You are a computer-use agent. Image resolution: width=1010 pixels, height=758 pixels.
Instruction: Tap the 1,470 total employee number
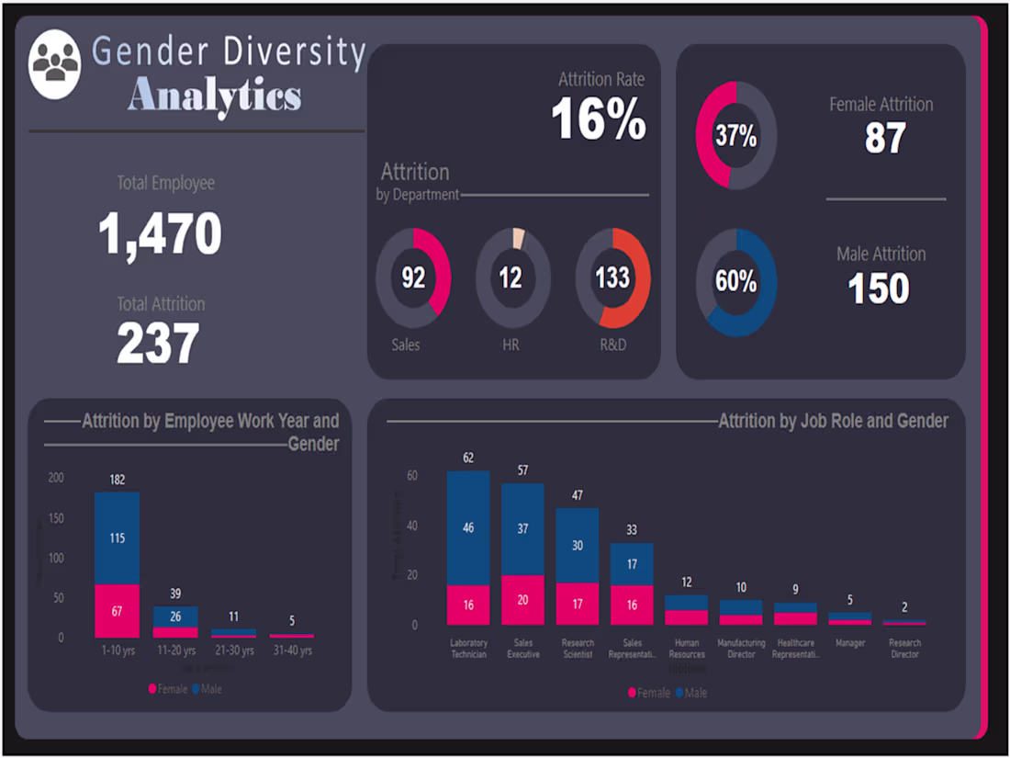coord(160,233)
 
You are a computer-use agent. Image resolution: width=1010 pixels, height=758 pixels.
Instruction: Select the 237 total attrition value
coord(158,344)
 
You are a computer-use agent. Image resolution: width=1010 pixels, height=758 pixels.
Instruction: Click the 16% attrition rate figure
coord(599,119)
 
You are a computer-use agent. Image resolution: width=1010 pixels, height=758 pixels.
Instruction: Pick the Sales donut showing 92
coord(413,277)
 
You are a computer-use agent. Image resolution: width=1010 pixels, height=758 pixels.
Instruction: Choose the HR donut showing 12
coord(512,277)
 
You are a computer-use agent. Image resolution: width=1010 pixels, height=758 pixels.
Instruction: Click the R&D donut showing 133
coord(612,277)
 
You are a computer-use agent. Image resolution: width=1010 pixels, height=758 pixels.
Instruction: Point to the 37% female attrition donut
coord(735,136)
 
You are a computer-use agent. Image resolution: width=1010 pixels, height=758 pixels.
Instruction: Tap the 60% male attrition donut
coord(735,282)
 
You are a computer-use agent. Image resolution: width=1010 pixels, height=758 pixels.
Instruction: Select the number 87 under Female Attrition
coord(885,138)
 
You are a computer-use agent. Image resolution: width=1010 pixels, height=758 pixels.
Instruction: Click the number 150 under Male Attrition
coord(879,288)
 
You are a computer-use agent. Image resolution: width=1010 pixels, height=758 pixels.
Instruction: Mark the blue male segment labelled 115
coord(118,538)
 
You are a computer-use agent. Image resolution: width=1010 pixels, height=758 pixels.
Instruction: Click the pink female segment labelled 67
coord(118,611)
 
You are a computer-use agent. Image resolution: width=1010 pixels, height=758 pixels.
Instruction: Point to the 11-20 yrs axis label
coord(175,651)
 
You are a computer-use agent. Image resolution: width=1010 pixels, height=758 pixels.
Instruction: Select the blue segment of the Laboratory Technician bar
coord(468,528)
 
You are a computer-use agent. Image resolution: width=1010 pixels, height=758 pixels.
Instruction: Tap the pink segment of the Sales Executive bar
coord(522,600)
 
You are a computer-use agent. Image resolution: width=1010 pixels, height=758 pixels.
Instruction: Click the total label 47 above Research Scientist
coord(578,495)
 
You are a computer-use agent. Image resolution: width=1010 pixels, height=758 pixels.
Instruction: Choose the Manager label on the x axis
coord(850,643)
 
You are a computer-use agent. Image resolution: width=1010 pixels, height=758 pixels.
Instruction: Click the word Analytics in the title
coord(215,95)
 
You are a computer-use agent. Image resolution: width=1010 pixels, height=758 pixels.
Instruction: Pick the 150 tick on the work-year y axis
coord(56,518)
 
